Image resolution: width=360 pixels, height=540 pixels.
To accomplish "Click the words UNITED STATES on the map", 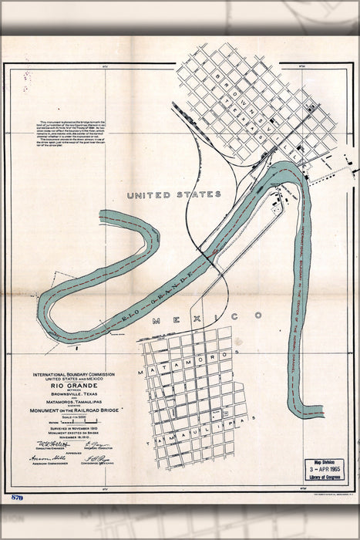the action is tap(173, 194).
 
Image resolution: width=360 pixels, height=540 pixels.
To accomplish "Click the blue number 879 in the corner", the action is tap(17, 498).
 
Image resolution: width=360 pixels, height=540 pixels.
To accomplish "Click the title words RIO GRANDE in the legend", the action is tap(74, 385).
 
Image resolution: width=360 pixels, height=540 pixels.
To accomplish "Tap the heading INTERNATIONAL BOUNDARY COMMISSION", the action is tap(74, 373).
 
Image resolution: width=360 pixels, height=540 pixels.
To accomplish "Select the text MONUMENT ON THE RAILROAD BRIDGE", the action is tap(74, 409).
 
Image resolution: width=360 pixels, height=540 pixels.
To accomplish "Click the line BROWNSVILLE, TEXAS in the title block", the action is tap(74, 393).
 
